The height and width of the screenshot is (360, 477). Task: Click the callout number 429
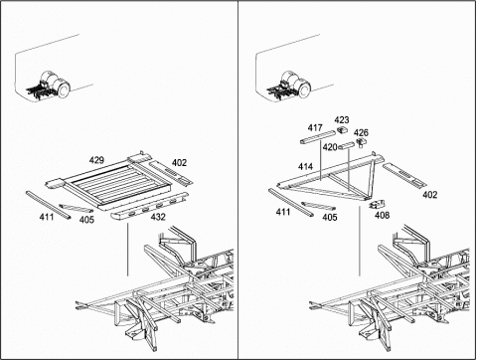click(96, 160)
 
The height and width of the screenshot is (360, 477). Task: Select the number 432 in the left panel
click(158, 217)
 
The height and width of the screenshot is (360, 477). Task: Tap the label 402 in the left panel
click(179, 163)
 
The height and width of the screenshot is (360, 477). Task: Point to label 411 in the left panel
click(47, 217)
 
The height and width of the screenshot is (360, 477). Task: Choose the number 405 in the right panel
click(330, 217)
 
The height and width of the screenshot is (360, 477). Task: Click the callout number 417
click(315, 127)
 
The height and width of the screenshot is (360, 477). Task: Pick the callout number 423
click(342, 119)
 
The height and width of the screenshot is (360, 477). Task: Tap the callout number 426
click(361, 133)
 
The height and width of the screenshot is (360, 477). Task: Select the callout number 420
click(330, 147)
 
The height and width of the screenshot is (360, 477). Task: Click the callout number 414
click(305, 167)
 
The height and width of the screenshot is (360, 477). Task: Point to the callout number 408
click(382, 216)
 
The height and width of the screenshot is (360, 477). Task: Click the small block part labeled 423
click(342, 130)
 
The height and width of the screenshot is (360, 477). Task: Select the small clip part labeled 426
click(361, 142)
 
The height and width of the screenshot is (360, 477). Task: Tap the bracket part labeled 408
click(377, 204)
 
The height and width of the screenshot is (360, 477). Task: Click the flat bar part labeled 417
click(317, 137)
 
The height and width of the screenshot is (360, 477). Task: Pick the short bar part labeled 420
click(346, 146)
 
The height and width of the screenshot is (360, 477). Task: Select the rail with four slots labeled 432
click(149, 206)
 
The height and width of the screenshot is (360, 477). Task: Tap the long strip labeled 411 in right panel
click(290, 203)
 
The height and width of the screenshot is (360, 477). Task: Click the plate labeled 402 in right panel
click(404, 175)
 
